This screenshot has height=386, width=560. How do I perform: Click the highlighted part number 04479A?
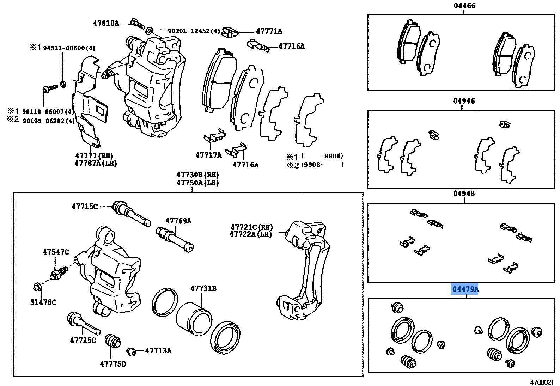click(465, 289)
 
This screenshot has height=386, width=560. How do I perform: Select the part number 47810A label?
click(106, 23)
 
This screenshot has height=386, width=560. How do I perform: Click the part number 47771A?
click(269, 31)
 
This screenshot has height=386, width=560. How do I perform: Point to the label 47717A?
click(208, 155)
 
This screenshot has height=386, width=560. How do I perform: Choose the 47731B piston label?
click(203, 288)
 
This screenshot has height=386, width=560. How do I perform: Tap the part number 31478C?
click(43, 302)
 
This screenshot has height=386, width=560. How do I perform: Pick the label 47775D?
click(112, 363)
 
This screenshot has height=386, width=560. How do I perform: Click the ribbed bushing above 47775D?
click(113, 340)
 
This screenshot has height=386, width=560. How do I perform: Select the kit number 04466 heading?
click(464, 6)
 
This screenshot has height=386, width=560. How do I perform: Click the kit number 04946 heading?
click(464, 101)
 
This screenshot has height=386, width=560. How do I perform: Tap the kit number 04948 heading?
click(464, 194)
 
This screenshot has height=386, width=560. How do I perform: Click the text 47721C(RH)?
click(251, 227)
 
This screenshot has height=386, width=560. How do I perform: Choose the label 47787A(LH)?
click(96, 163)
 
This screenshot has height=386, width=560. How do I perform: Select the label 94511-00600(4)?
click(69, 48)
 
